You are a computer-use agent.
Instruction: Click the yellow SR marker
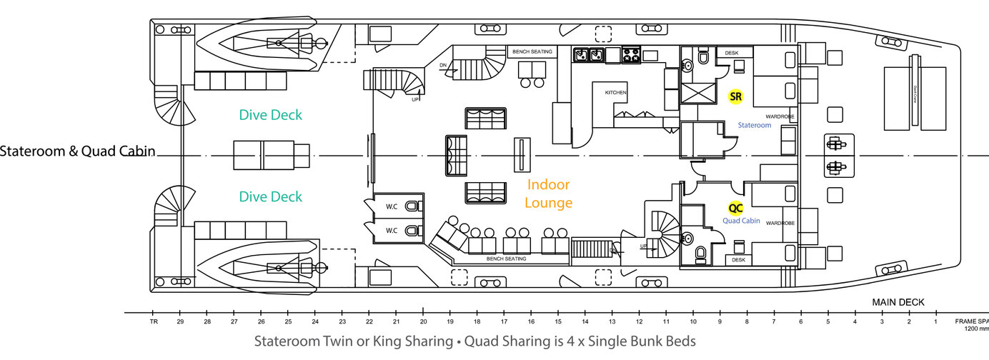[x=735, y=96]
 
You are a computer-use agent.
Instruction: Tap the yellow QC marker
[x=735, y=209]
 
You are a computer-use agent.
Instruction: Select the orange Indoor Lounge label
[x=549, y=194]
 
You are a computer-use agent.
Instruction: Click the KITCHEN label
[x=616, y=94]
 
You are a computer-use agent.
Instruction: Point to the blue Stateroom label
[x=755, y=125]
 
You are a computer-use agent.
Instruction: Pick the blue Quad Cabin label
[x=741, y=221]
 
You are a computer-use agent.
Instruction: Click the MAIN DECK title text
[x=898, y=302]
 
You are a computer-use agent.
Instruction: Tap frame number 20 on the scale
[x=423, y=321]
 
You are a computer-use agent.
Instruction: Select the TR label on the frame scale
[x=153, y=321]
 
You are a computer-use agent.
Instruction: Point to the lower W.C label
[x=392, y=231]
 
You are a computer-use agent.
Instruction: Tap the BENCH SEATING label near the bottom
[x=506, y=259]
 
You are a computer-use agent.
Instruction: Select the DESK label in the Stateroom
[x=731, y=53]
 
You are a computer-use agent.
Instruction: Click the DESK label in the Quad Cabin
[x=738, y=260]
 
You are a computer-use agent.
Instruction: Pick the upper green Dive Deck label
[x=271, y=115]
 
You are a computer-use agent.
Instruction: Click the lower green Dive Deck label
[x=271, y=196]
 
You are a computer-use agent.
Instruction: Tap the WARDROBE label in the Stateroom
[x=780, y=116]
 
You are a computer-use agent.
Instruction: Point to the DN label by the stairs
[x=443, y=65]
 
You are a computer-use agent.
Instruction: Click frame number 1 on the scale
[x=935, y=321]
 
